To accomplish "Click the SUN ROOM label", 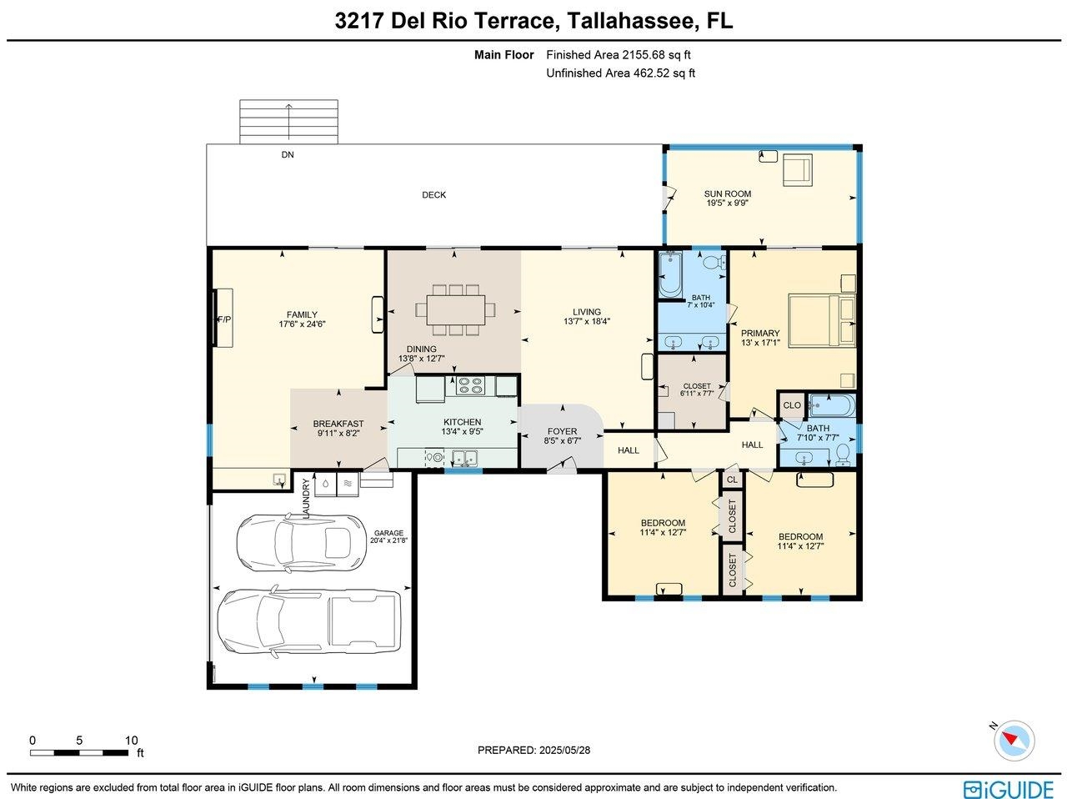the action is point(727,193).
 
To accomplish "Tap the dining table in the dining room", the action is point(455,309).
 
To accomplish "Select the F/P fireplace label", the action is point(224,319).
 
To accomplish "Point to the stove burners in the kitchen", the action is point(470,385).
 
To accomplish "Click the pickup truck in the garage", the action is point(308,622).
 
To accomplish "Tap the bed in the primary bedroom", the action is point(822,321).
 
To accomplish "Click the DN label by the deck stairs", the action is point(288,154).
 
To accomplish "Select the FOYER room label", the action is point(562,431).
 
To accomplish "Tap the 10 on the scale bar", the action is point(131,740).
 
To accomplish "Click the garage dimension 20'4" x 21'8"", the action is point(388,540).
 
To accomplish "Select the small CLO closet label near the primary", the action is point(792,405).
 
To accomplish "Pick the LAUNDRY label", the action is point(306,498).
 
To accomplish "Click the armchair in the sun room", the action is point(797,169).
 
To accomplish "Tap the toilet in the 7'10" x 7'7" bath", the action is point(844,455).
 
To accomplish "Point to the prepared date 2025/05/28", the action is point(564,751).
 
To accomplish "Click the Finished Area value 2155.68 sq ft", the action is point(654,55).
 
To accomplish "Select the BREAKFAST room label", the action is point(338,424).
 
